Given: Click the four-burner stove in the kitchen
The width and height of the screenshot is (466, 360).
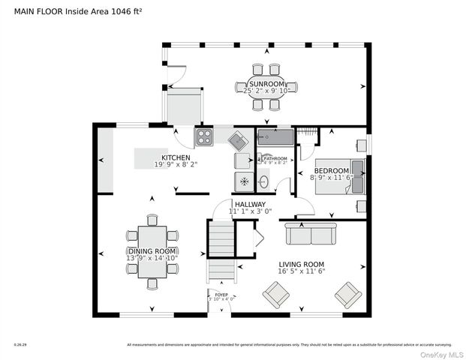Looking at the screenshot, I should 204,136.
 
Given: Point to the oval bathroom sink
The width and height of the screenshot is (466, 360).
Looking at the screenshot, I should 263,179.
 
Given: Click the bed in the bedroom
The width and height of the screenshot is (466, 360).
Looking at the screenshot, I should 337,176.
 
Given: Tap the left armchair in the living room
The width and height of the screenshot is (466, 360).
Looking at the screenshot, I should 276,295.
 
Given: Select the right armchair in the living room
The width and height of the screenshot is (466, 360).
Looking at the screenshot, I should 347,294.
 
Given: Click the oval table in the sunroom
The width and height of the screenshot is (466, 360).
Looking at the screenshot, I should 266,86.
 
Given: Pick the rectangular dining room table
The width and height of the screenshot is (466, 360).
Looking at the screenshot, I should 152,253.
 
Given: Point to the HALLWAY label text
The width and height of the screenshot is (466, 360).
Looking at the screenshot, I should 249,204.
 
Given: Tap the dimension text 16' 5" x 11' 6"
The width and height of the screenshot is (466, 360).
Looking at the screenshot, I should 301,272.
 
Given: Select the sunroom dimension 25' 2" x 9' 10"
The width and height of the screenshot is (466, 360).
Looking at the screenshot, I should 266,91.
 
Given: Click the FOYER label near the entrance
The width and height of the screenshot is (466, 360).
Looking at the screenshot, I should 221,295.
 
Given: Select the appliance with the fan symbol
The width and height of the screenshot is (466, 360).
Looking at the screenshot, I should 244,181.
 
